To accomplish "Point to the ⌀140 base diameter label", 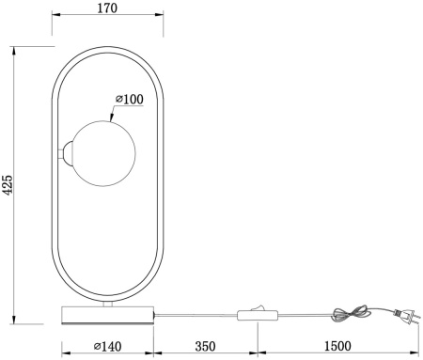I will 107,346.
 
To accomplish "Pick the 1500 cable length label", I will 339,346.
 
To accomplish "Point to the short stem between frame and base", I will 107,303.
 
